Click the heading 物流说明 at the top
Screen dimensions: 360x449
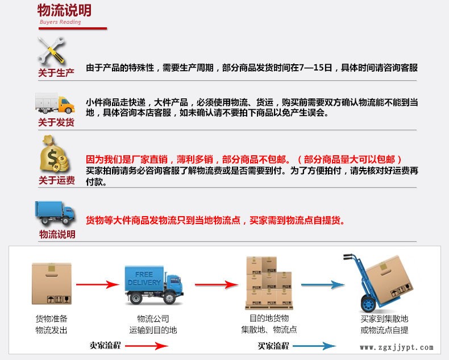tap(64, 11)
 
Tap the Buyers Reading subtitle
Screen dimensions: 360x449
tap(60, 22)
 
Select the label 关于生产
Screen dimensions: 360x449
tap(56, 73)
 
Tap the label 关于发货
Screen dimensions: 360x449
tap(56, 122)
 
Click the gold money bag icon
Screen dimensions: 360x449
tap(55, 155)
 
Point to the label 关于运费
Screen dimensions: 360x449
tap(56, 180)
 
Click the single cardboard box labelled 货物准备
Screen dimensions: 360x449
tap(52, 284)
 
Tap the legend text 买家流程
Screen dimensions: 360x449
tap(273, 345)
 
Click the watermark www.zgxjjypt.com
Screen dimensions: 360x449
tap(396, 347)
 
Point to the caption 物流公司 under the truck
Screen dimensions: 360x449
tap(153, 318)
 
